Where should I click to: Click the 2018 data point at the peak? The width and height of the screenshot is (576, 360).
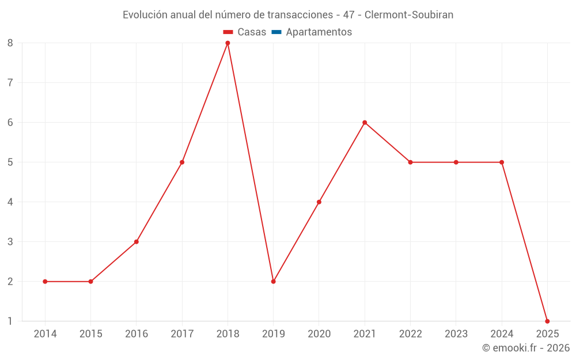click(x=228, y=43)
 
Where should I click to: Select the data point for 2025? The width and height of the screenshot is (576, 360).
click(x=547, y=321)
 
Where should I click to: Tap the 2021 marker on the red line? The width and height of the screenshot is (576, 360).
click(x=365, y=123)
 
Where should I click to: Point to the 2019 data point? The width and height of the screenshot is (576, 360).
click(x=273, y=282)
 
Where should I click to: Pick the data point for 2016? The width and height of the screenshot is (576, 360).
click(x=137, y=242)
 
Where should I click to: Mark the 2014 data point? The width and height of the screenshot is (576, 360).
click(x=45, y=282)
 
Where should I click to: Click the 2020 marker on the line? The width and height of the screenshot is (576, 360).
click(x=319, y=202)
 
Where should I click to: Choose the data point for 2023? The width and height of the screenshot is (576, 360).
click(x=456, y=162)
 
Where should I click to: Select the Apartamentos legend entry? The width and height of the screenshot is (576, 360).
click(x=319, y=32)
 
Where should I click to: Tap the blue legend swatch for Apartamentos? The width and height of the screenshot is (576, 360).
click(x=276, y=32)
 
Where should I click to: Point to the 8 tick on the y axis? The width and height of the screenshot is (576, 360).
click(x=10, y=43)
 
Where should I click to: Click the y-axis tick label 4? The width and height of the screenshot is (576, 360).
click(x=10, y=202)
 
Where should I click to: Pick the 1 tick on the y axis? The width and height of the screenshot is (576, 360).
click(x=10, y=321)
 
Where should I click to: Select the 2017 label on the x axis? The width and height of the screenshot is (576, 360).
click(x=182, y=334)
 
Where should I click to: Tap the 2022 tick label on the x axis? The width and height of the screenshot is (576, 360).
click(x=410, y=334)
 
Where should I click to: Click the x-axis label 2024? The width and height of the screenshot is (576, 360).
click(x=502, y=334)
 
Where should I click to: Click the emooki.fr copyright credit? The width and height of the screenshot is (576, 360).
click(x=526, y=348)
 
